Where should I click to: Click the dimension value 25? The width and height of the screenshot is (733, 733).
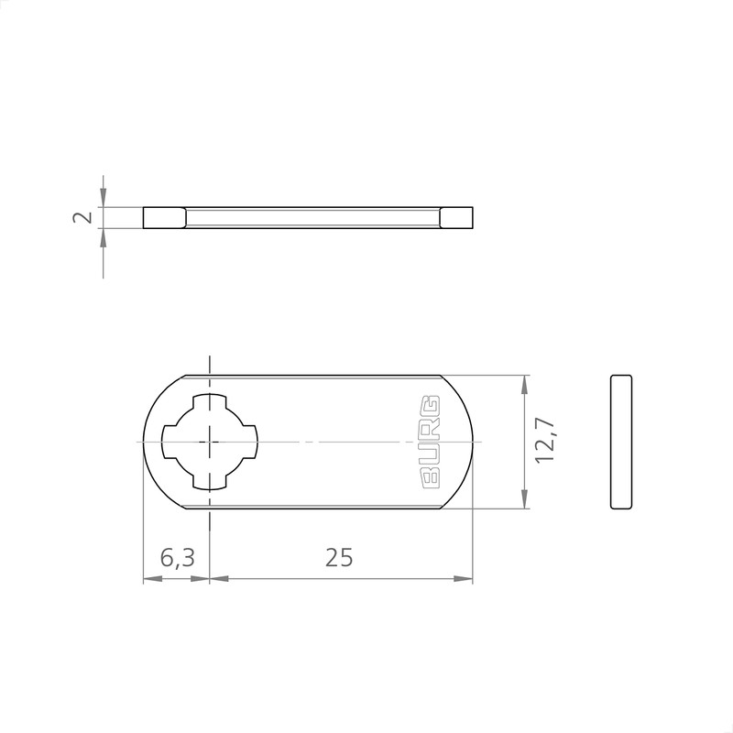(x=339, y=557)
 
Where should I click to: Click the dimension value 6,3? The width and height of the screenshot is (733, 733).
(x=177, y=557)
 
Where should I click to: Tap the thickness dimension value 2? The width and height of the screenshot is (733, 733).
(x=82, y=217)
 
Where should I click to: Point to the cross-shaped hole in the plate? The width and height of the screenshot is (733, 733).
(x=211, y=442)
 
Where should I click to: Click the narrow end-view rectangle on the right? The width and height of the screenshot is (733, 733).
(x=621, y=442)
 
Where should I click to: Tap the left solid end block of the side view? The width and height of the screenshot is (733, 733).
(x=165, y=217)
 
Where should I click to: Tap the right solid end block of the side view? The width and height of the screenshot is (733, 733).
(x=457, y=217)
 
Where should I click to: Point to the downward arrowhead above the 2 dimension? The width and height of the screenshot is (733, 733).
(x=104, y=199)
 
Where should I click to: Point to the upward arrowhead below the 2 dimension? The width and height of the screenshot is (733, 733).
(x=104, y=236)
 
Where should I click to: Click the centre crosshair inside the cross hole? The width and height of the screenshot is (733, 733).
(x=211, y=442)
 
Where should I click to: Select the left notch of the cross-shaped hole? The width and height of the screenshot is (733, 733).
(x=168, y=442)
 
